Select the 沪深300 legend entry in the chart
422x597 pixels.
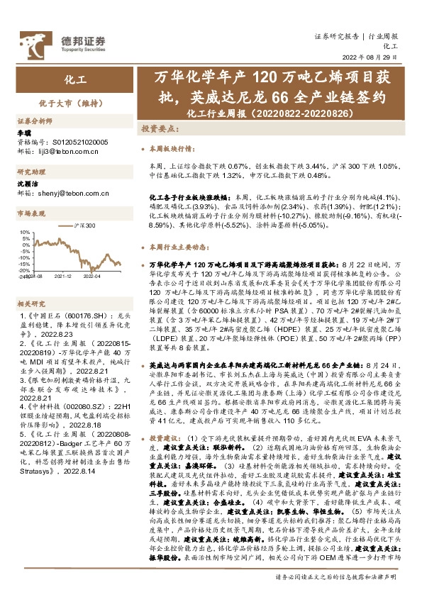click(83, 224)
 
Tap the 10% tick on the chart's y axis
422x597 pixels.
click(26, 232)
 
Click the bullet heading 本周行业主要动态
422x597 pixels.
click(177, 247)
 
